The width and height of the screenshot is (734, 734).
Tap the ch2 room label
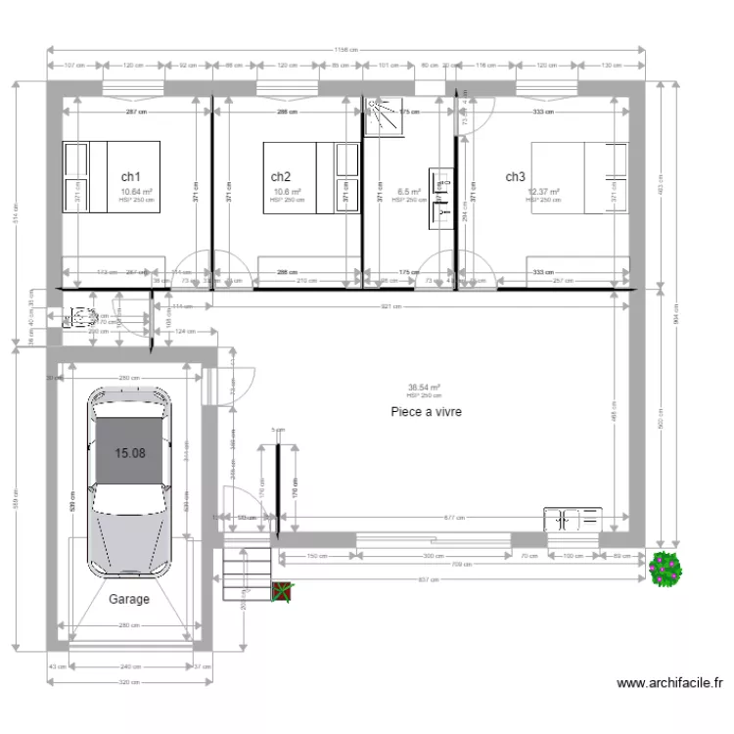281,176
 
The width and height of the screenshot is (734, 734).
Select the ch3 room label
516,176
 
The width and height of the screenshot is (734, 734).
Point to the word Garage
129,599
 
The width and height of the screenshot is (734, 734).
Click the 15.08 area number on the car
130,452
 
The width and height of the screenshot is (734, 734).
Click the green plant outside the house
665,568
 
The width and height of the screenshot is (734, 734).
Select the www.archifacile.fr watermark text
670,683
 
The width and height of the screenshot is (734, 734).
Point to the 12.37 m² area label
544,192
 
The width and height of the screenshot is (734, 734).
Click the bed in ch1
86,176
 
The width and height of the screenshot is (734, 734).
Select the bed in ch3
577,176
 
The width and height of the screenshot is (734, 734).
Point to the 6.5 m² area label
408,193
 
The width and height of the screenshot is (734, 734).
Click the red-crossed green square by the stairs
283,591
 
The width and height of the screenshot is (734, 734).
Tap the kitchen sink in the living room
573,519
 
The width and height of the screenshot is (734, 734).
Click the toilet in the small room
78,318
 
